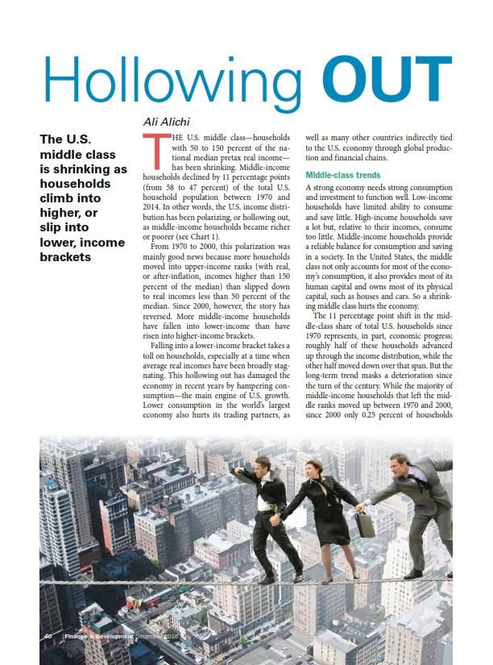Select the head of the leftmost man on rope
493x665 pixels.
coord(263,465)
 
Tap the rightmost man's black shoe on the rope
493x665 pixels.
coord(412,575)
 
